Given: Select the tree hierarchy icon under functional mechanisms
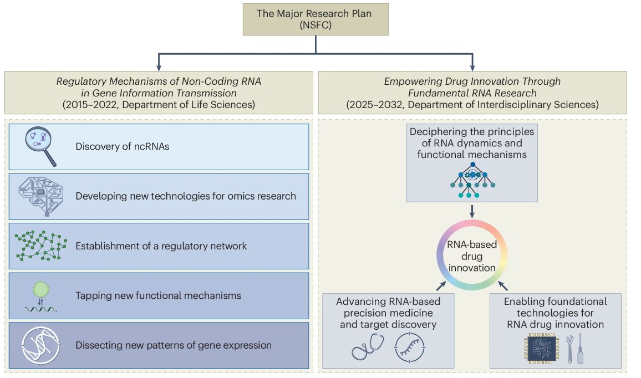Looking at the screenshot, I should (x=471, y=180).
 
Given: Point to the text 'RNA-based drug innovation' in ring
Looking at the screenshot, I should (x=471, y=256).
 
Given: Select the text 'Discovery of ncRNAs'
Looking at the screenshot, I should (x=122, y=147).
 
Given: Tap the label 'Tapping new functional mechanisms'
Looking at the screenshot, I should (x=158, y=295).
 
